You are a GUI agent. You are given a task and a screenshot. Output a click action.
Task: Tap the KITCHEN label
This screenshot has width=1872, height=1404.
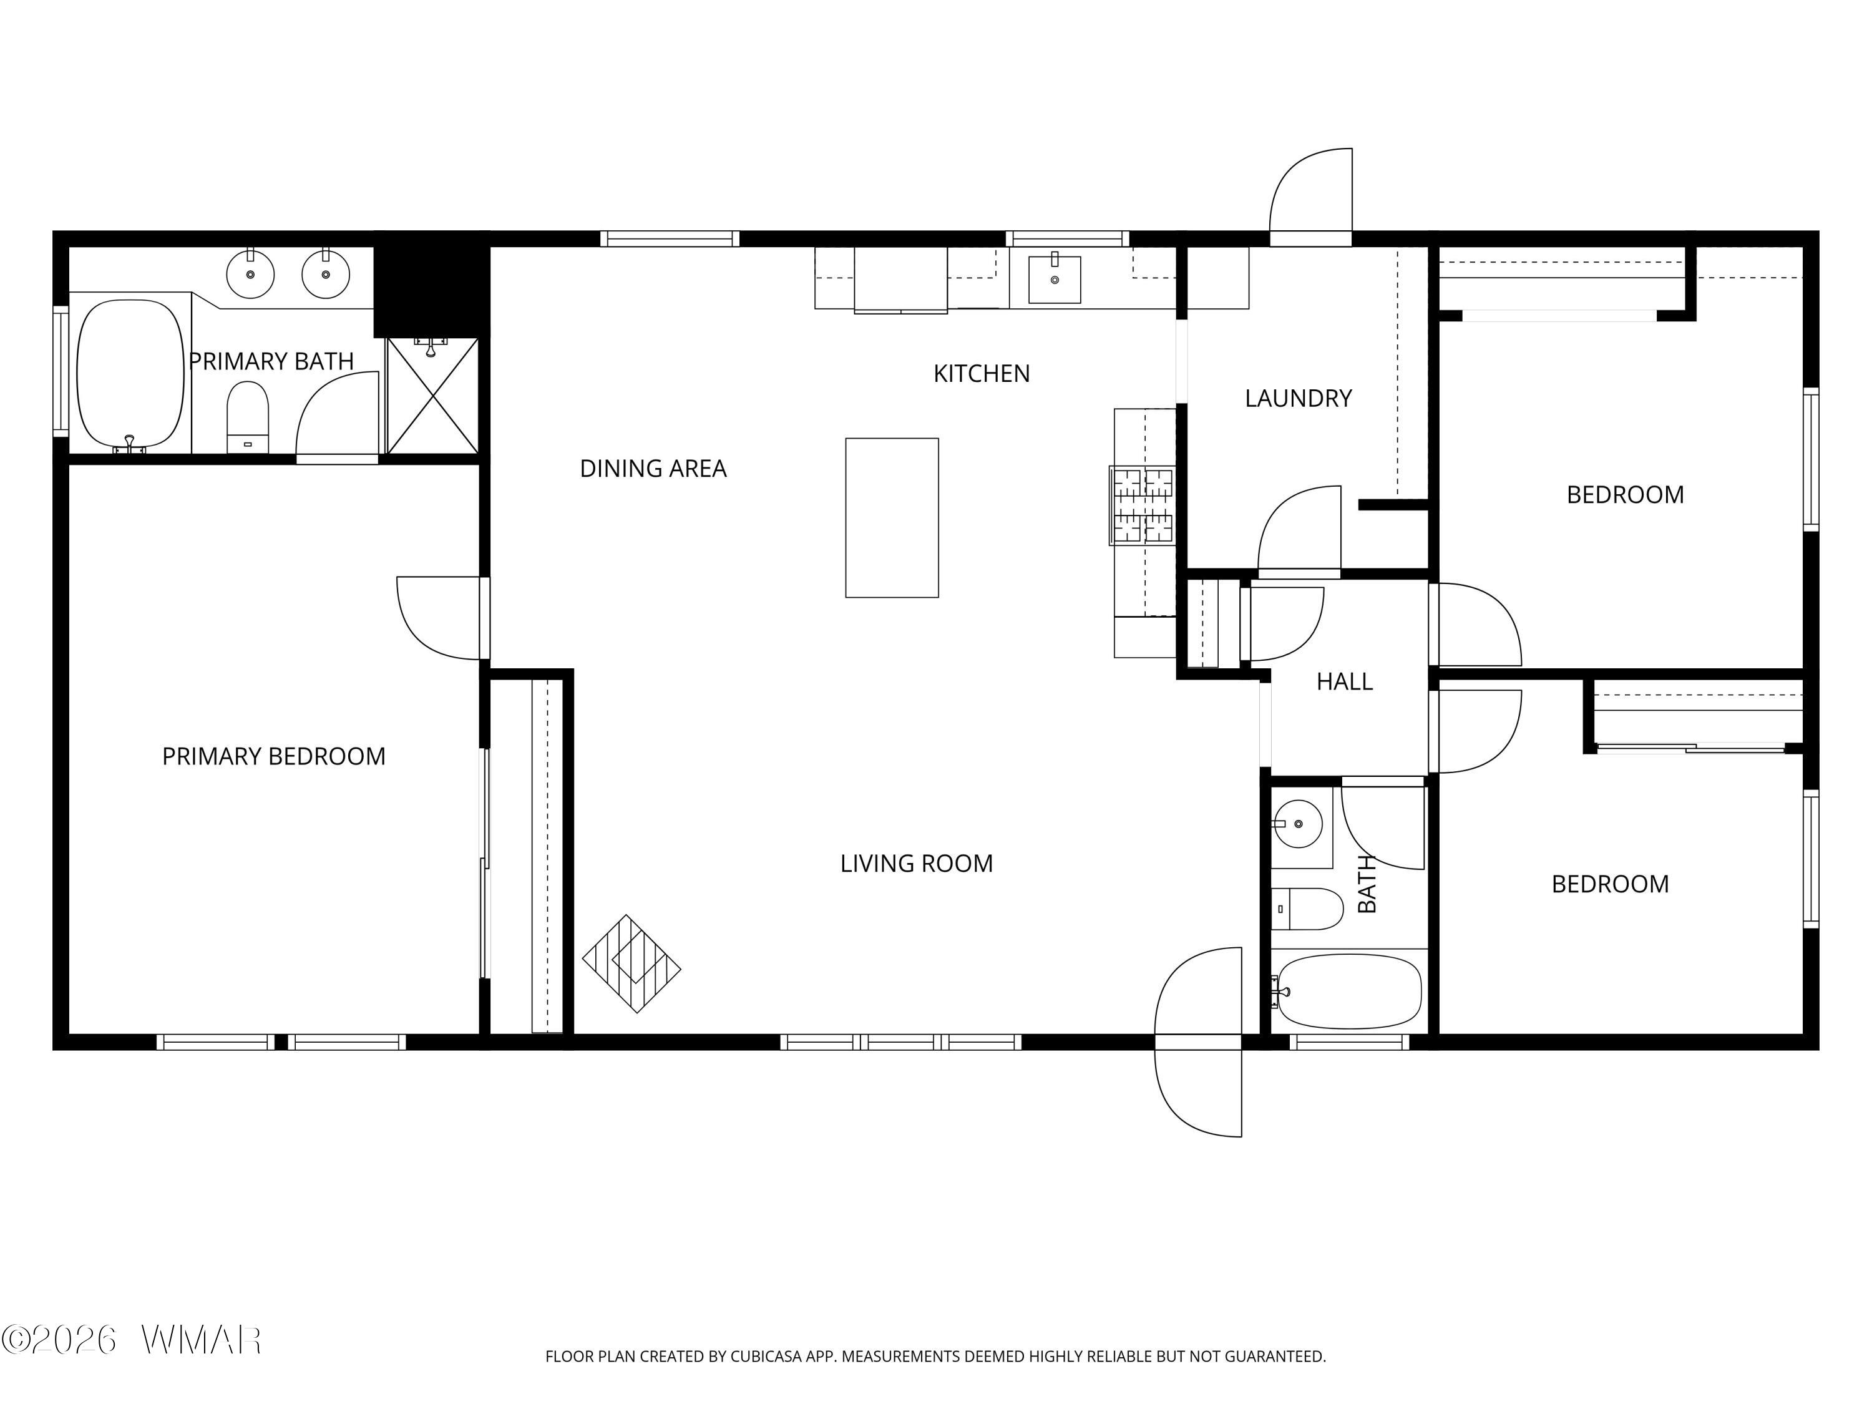[x=982, y=373]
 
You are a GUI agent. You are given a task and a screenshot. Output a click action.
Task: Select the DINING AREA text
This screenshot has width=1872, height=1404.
[x=653, y=468]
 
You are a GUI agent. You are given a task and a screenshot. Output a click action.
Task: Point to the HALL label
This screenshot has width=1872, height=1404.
[x=1344, y=681]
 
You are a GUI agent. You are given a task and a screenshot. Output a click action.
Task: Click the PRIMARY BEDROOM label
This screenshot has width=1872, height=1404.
[x=273, y=756]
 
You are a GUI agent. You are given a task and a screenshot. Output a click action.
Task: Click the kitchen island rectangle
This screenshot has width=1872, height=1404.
[x=892, y=517]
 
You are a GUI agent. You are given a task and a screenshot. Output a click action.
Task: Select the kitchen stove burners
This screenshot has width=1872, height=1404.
[x=1143, y=505]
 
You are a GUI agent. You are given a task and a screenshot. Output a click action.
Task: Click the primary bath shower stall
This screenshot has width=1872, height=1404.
[x=432, y=395]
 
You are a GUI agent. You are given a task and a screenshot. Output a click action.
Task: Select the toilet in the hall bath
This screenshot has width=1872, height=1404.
[x=1307, y=909]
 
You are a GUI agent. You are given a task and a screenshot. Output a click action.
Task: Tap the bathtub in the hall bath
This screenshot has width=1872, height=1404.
[x=1349, y=991]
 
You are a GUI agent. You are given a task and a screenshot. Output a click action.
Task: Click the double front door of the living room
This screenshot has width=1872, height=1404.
[x=1198, y=1042]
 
